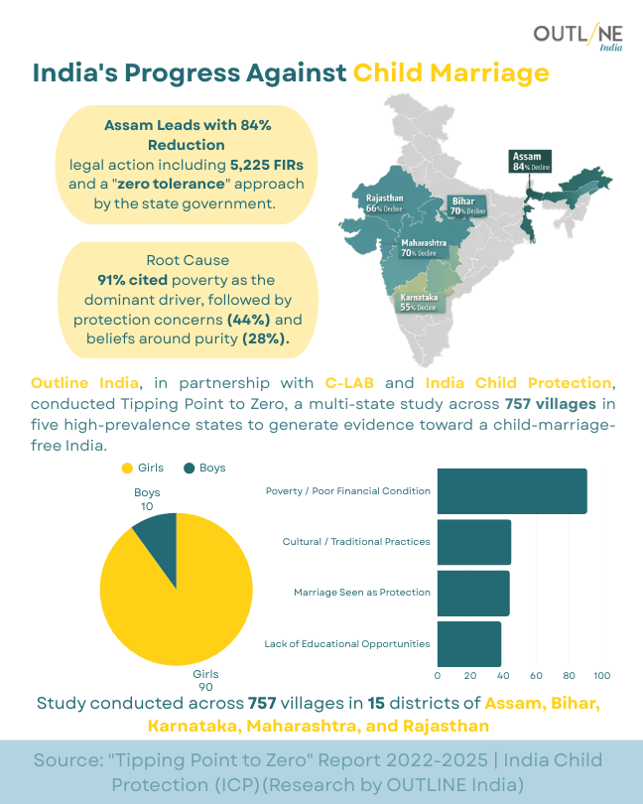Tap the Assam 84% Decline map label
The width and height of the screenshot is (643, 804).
click(x=530, y=162)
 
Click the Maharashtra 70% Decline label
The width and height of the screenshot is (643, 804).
click(x=424, y=248)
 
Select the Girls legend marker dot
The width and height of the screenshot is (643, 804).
click(x=126, y=468)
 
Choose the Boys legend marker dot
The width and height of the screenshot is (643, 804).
click(x=189, y=468)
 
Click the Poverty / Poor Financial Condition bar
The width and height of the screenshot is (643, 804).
click(x=511, y=491)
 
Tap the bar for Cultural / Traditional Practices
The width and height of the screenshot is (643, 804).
click(x=473, y=542)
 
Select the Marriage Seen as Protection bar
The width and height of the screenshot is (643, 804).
click(x=472, y=593)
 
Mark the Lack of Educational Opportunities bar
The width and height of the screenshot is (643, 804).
click(x=468, y=643)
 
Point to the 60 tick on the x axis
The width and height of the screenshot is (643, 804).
click(x=536, y=676)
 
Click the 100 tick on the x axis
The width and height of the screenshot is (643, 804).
click(x=601, y=676)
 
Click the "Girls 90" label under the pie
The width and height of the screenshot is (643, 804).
click(x=205, y=681)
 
